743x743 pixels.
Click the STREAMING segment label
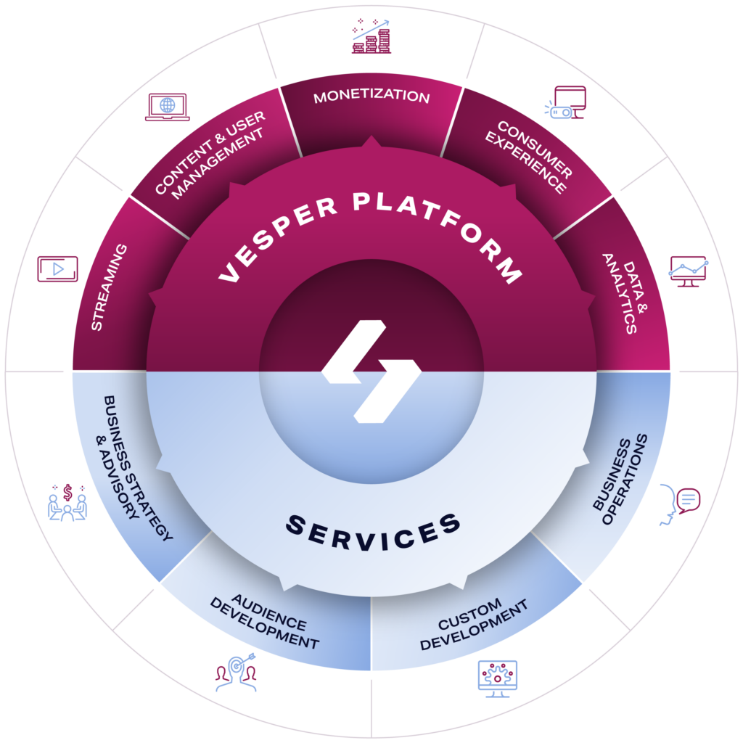(x=109, y=287)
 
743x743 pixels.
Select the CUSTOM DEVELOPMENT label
(x=471, y=623)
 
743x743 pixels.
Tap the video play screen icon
(x=57, y=269)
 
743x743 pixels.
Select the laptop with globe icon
(x=168, y=107)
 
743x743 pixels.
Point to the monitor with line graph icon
(x=688, y=271)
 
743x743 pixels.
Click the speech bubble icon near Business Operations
(x=687, y=500)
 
